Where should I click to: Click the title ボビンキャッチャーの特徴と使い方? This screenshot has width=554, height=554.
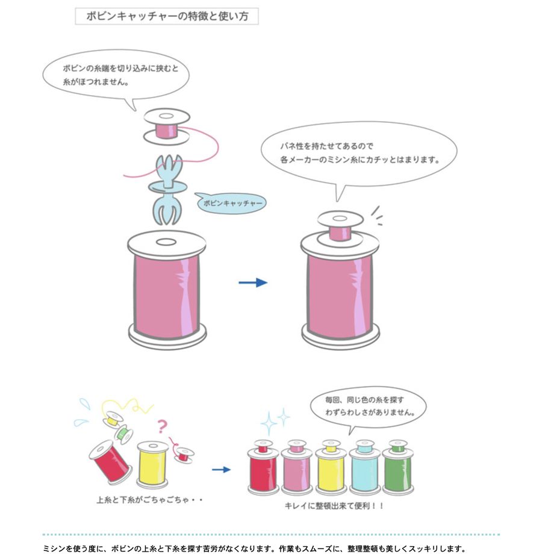(x=167, y=16)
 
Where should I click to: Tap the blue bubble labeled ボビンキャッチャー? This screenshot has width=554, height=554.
(x=231, y=203)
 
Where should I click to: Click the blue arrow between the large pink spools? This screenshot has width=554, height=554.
(x=253, y=282)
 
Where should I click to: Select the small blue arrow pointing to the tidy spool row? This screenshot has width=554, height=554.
(x=221, y=470)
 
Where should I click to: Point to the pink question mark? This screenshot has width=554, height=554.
(x=162, y=426)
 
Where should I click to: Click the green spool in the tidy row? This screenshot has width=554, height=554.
(x=398, y=467)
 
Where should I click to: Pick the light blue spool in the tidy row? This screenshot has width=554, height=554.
(x=365, y=467)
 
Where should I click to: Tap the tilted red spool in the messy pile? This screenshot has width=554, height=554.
(x=110, y=462)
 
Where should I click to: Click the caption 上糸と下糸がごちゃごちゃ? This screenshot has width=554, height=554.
(x=143, y=500)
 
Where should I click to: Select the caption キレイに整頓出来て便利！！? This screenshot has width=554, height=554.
(x=334, y=506)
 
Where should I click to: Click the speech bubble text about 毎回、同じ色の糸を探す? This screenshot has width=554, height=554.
(x=370, y=406)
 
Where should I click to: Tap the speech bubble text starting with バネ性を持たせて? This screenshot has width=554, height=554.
(x=359, y=153)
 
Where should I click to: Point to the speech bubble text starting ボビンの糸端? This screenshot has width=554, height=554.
(x=120, y=75)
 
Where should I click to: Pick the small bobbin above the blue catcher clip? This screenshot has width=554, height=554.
(x=166, y=126)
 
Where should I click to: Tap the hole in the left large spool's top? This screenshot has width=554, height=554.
(x=166, y=242)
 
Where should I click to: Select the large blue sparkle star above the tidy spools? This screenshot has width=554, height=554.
(x=269, y=423)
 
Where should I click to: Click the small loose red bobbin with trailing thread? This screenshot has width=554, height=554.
(x=184, y=455)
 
